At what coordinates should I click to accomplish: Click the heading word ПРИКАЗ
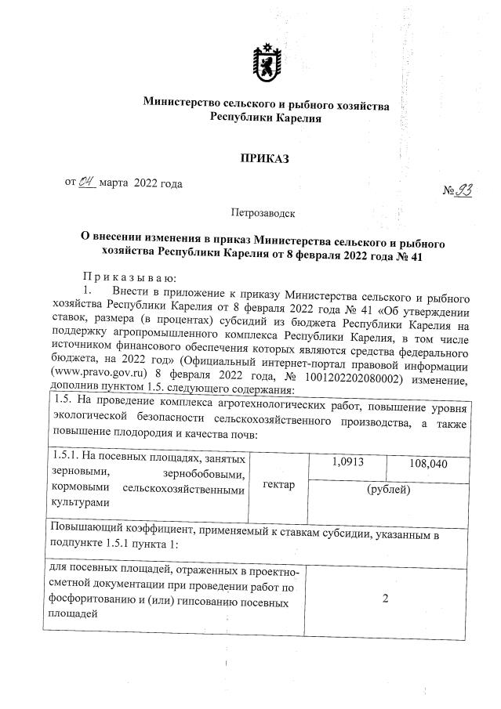(x=264, y=159)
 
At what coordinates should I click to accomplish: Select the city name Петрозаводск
(x=263, y=212)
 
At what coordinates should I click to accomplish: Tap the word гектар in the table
(x=280, y=484)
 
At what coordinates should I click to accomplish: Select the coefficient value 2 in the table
(x=385, y=599)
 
